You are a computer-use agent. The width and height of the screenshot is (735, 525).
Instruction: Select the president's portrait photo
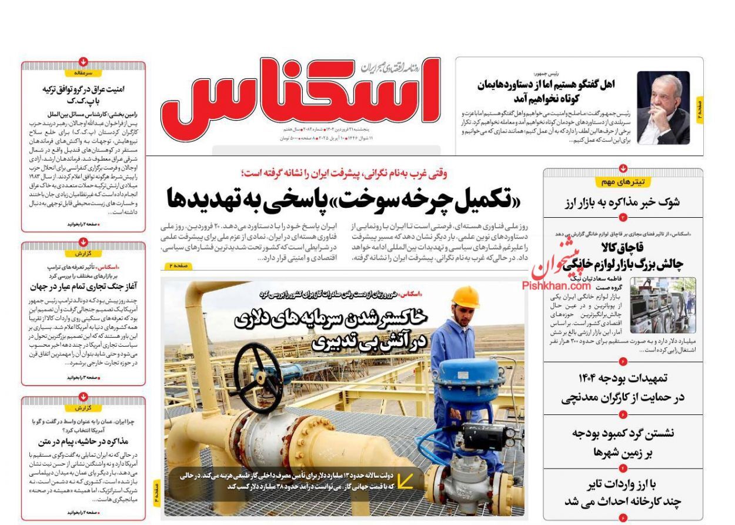[x=663, y=108]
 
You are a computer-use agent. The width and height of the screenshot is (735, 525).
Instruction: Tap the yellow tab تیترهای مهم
[x=623, y=182]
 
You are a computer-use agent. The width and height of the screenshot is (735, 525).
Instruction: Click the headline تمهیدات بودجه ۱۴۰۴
[x=623, y=378]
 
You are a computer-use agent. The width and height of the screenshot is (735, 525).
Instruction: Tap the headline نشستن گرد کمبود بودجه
[x=623, y=434]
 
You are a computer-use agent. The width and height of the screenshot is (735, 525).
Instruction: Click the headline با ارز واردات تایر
[x=623, y=486]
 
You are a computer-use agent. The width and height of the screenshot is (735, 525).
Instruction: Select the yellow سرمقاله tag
[x=83, y=73]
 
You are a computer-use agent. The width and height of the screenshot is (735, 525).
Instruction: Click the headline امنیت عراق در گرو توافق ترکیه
[x=83, y=89]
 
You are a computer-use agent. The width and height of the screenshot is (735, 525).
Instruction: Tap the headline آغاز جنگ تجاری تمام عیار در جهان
[x=83, y=287]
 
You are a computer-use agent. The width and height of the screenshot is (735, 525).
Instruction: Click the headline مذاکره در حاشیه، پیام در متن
[x=83, y=441]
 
